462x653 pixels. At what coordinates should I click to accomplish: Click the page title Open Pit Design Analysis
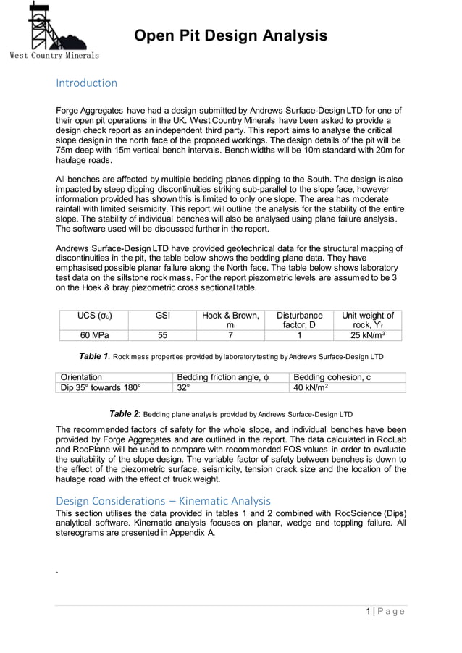click(230, 35)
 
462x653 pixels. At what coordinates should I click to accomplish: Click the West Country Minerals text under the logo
click(54, 55)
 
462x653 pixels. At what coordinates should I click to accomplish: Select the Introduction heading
click(86, 83)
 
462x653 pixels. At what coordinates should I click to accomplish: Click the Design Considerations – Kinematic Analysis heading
click(163, 500)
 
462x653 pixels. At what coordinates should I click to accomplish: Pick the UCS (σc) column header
click(94, 316)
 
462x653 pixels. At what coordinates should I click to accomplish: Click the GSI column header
click(162, 316)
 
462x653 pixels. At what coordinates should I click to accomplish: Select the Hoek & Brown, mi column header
click(230, 321)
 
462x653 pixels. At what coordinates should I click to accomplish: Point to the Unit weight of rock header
click(367, 321)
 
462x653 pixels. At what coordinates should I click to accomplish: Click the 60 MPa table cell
click(94, 335)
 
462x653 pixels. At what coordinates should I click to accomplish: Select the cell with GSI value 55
click(162, 335)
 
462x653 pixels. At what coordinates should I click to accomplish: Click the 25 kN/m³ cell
click(367, 335)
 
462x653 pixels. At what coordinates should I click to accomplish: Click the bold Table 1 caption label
click(93, 356)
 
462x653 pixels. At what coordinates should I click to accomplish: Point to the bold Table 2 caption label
click(124, 414)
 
